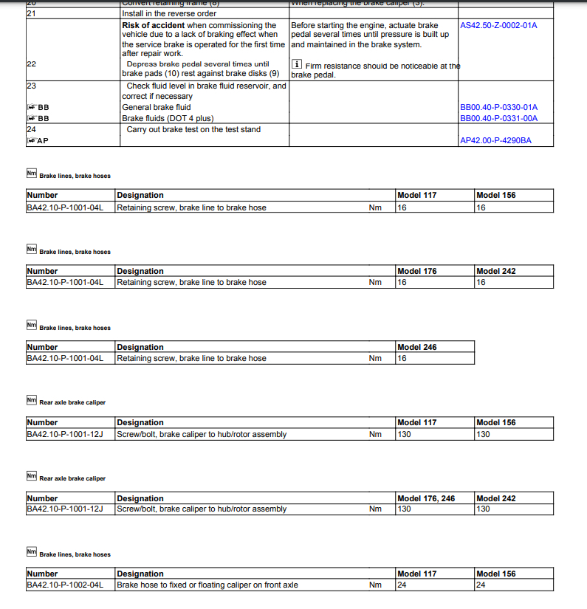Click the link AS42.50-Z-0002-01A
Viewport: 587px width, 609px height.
(x=498, y=25)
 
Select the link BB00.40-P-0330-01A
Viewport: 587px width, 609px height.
(x=498, y=107)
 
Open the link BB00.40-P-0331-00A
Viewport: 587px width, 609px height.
(x=498, y=118)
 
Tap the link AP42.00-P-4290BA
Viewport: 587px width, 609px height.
(x=495, y=140)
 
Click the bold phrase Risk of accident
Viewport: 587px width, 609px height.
(x=153, y=25)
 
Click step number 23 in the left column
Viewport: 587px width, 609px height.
(x=31, y=86)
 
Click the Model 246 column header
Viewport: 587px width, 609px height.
(x=416, y=347)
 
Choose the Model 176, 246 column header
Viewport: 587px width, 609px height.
(x=426, y=498)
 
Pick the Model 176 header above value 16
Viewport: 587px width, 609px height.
(x=416, y=271)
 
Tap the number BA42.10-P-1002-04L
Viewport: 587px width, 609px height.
(x=65, y=585)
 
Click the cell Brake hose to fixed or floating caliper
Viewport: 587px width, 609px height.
(x=207, y=585)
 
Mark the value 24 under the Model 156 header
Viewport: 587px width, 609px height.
(x=481, y=585)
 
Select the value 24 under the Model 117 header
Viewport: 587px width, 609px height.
(x=402, y=585)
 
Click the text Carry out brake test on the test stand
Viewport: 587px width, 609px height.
(x=193, y=129)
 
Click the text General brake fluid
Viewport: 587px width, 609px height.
(x=156, y=107)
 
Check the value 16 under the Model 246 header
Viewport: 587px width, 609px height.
(x=402, y=358)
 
